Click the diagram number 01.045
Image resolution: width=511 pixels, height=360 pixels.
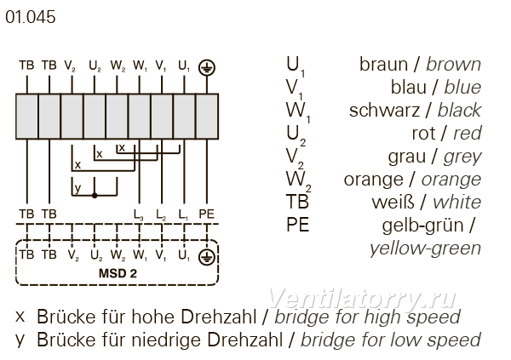point(31,17)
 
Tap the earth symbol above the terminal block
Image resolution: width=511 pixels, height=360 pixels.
point(207,67)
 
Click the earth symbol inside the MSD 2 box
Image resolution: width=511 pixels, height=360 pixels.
point(207,257)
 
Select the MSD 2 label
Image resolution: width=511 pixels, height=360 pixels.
point(118,273)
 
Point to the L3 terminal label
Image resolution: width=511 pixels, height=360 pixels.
point(139,214)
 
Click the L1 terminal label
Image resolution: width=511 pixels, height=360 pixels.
point(183,214)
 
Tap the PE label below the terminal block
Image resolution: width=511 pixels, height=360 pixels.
point(207,214)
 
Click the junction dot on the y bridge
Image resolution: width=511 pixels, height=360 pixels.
point(95,196)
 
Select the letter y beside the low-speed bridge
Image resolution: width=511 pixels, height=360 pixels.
point(78,188)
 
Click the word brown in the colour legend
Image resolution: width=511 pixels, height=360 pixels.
point(453,64)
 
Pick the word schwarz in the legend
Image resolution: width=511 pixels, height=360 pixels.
point(384,110)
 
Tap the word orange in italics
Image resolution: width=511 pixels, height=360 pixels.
point(451,180)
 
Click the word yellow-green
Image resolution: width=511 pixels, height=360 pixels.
point(425,249)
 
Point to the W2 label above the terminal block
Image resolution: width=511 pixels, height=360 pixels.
point(118,66)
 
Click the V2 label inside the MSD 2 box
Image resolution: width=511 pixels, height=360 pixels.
point(73,255)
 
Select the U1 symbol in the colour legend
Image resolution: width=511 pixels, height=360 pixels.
point(296,66)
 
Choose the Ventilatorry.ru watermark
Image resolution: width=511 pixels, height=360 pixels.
point(362,299)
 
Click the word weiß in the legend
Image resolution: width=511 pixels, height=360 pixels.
point(393,203)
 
